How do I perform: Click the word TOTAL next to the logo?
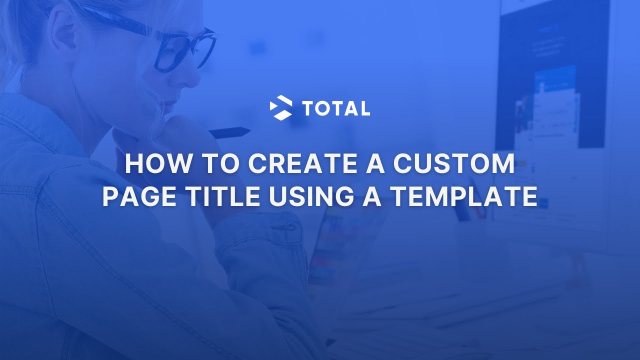click(336, 108)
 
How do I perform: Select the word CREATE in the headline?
click(298, 164)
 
